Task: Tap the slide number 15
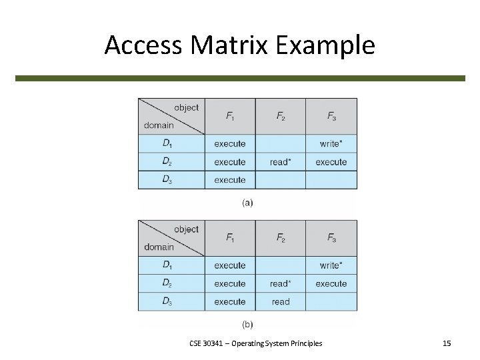tap(447, 343)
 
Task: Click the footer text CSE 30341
tap(207, 343)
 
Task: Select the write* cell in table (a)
tap(331, 143)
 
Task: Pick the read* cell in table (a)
tap(281, 162)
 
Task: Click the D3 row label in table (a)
tap(167, 180)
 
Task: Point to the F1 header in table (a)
tap(230, 116)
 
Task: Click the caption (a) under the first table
tap(247, 203)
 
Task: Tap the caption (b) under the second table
tap(247, 325)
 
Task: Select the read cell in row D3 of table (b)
tap(281, 302)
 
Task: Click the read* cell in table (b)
tap(281, 284)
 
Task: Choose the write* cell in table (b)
tap(331, 265)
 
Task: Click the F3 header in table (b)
tap(331, 238)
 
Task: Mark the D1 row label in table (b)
tap(167, 265)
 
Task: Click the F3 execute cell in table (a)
tap(331, 162)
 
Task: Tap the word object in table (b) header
tap(186, 229)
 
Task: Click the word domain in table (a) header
tap(159, 125)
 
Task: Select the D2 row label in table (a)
tap(167, 162)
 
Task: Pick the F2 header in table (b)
tap(281, 238)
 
